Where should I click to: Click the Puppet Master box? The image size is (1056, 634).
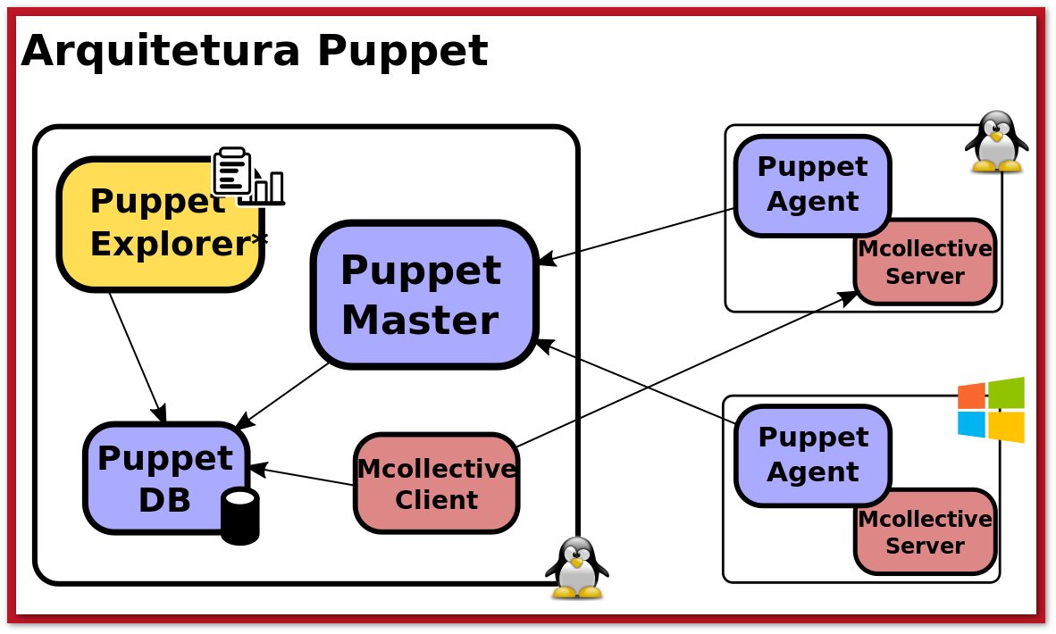423,295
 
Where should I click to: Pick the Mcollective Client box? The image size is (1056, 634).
436,483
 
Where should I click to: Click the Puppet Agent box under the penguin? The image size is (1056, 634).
811,184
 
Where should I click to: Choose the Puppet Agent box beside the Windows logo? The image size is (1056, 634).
811,454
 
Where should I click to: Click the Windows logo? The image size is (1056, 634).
991,410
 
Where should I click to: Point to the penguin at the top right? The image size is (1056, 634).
996,141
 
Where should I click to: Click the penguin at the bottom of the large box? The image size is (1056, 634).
576,567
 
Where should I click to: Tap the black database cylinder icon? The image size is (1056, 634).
239,516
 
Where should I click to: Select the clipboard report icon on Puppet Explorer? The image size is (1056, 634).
232,171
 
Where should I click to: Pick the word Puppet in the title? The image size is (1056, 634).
402,51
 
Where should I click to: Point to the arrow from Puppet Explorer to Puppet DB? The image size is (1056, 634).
137,356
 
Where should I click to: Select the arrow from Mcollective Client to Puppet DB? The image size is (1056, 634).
302,476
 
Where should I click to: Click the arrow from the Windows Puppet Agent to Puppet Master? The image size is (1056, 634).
636,381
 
